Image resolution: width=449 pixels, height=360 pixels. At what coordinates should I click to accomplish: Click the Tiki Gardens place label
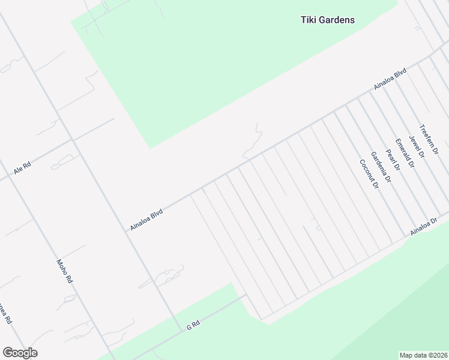327,20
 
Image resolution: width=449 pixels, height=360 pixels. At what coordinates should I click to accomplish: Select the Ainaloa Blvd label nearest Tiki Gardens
390,79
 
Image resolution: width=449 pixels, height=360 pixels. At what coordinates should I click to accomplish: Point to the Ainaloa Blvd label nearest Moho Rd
146,220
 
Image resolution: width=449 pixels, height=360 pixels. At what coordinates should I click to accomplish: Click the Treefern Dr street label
429,139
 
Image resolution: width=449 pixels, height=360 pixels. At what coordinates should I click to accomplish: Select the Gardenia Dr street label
381,167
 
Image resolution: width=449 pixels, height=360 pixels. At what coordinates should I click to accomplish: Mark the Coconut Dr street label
369,174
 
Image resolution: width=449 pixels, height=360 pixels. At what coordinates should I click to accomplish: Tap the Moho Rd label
64,271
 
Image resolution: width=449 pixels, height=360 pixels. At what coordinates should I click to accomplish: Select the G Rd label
193,326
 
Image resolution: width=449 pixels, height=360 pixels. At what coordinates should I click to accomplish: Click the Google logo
20,353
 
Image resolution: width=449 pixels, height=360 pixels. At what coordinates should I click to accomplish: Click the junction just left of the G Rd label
180,331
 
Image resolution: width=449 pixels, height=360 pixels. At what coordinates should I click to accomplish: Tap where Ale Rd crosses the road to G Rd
72,140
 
